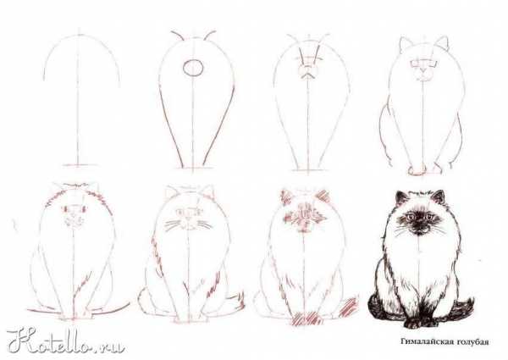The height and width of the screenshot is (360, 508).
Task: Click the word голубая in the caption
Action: [x=472, y=342]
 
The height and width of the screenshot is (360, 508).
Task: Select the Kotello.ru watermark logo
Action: [x=65, y=341]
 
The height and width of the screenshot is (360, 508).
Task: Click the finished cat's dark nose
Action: [x=420, y=224]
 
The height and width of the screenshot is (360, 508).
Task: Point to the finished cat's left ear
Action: [x=401, y=198]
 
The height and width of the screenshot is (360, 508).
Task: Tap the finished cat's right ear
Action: [x=439, y=197]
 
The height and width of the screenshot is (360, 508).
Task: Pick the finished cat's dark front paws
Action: [x=420, y=321]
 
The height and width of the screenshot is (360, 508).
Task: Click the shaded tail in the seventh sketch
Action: [x=348, y=307]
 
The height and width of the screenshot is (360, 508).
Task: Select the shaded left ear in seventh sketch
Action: [x=286, y=197]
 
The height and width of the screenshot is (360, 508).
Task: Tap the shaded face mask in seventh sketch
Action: [x=303, y=216]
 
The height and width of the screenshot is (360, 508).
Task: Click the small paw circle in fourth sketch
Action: [x=417, y=170]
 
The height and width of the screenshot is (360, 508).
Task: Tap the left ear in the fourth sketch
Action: [x=406, y=44]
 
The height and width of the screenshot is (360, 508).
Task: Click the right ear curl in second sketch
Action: [x=210, y=35]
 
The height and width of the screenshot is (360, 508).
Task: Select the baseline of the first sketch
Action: [x=80, y=165]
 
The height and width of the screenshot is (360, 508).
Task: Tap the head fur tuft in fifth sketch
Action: [x=76, y=186]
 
